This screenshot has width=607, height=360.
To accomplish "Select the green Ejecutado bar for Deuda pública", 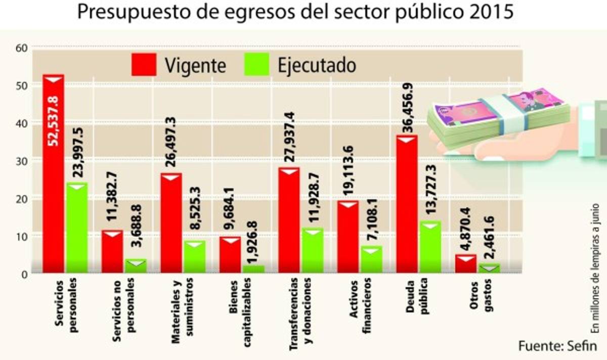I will point(429,248).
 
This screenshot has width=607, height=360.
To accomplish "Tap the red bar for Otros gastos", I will point(465,264).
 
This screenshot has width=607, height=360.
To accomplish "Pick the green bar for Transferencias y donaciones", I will point(313,251).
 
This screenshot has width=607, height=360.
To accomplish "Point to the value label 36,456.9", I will point(408,112).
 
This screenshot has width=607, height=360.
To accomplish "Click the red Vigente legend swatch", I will point(144,65).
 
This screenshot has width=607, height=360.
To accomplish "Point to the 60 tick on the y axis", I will point(21,48).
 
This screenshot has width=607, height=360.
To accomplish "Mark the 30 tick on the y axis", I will point(21,160).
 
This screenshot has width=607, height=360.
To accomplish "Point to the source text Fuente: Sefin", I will point(557,346).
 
